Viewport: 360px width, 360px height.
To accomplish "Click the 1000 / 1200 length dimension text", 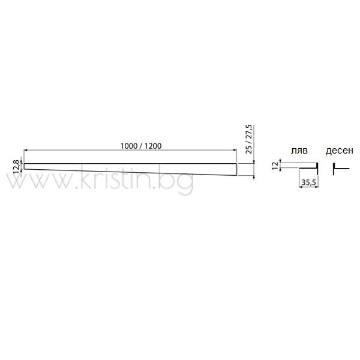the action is click(x=141, y=146).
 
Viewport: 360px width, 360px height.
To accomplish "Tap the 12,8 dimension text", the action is click(x=16, y=167).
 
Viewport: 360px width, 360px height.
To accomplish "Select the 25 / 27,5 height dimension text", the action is click(x=248, y=139).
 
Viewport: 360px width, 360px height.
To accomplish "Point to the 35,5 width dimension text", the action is click(x=308, y=182).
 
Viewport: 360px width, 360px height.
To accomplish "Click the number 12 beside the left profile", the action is click(x=275, y=166).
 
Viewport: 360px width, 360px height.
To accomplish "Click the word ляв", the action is click(x=299, y=151).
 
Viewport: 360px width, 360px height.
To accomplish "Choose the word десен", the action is click(x=340, y=151).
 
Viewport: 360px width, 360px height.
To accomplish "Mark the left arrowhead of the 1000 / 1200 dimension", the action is click(x=25, y=150).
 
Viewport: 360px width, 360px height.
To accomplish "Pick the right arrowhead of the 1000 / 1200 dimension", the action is click(x=235, y=150).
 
